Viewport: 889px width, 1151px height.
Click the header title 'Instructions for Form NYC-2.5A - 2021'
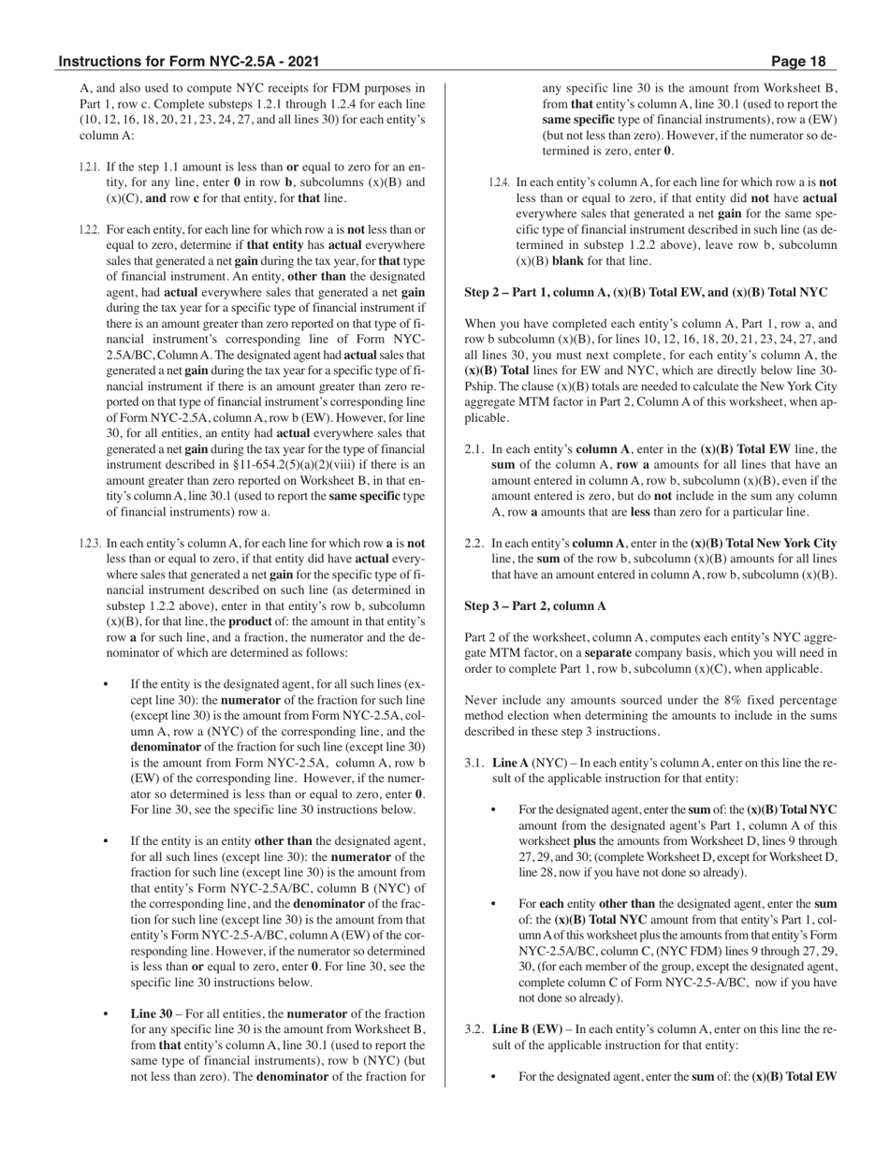pyautogui.click(x=189, y=62)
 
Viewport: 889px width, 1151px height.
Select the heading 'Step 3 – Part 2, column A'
pyautogui.click(x=535, y=605)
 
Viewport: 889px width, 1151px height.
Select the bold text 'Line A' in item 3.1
pyautogui.click(x=510, y=763)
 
